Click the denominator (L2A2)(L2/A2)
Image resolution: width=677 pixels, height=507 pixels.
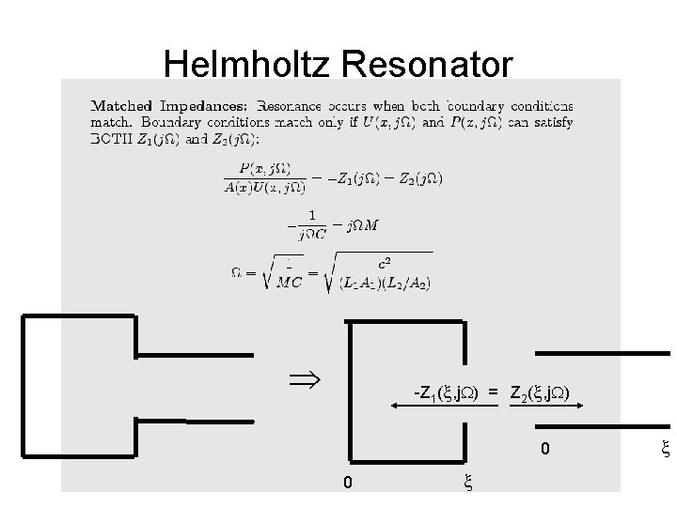386,284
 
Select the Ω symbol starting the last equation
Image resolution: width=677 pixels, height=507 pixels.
238,272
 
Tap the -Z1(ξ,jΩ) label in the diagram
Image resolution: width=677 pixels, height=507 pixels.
449,391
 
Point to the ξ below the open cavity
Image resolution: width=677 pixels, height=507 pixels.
466,484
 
